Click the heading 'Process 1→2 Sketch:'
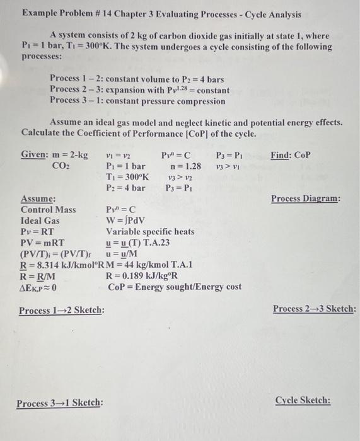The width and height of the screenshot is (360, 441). coord(62,311)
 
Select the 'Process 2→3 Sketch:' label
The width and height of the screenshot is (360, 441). coord(314,309)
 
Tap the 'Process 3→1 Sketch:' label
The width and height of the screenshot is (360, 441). coord(60,403)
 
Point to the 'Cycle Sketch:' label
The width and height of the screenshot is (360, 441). coord(303,401)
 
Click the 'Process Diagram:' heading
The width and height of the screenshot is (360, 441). coord(305,198)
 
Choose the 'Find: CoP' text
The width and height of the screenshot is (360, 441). coord(291,155)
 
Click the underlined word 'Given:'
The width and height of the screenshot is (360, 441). coord(35,155)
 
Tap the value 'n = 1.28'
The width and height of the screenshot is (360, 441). coord(186,166)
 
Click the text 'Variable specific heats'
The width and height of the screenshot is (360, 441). coord(150,232)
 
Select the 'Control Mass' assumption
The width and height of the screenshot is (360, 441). coord(49,210)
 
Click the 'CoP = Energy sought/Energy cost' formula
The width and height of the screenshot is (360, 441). coord(175,287)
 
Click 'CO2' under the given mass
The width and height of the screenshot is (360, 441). coord(61,166)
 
